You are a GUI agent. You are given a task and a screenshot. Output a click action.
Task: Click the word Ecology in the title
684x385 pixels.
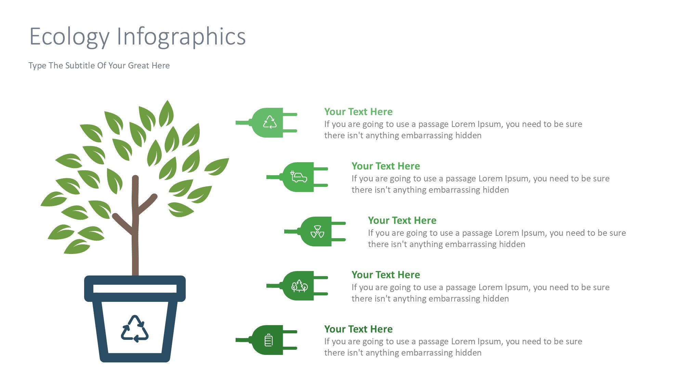click(69, 36)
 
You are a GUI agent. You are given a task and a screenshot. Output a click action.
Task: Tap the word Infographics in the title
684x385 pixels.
click(181, 36)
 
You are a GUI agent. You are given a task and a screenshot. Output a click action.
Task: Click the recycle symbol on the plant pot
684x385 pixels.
click(135, 329)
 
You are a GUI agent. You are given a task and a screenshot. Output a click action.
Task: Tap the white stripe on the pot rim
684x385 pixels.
click(135, 288)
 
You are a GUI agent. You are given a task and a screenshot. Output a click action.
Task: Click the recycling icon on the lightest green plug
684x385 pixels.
click(270, 122)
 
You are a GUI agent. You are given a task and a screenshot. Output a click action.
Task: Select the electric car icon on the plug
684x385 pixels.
click(299, 177)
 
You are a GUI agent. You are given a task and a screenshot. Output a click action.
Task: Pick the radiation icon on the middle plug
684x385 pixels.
click(317, 232)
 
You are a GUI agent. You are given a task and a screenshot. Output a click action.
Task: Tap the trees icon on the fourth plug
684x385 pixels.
click(299, 286)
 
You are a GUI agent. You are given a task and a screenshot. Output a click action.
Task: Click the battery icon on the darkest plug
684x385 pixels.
click(269, 340)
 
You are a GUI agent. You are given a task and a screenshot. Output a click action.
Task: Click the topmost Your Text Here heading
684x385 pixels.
click(358, 112)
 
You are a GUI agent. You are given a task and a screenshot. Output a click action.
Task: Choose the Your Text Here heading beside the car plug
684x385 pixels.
click(385, 166)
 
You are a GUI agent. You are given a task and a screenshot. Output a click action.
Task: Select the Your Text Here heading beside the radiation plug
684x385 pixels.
click(402, 220)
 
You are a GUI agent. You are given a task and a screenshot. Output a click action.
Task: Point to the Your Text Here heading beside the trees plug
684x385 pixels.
click(385, 275)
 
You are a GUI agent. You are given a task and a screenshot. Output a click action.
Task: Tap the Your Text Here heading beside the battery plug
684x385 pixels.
click(358, 329)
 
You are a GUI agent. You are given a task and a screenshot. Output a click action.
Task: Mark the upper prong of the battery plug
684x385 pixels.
click(290, 332)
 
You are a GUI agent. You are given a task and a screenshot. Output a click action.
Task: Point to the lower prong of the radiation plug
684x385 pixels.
click(339, 240)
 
